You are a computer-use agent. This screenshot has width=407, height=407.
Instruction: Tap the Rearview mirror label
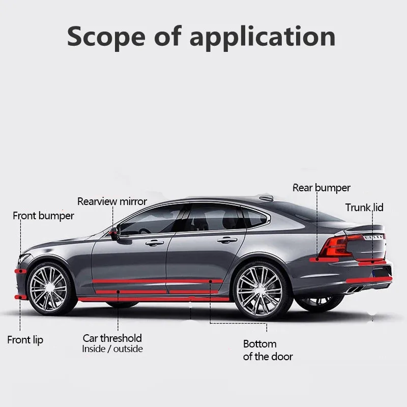(x=112, y=201)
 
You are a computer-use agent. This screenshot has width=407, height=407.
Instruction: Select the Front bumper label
(x=43, y=216)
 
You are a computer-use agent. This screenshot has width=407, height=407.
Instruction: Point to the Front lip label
(x=25, y=340)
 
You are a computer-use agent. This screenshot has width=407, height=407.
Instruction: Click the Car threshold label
(x=112, y=338)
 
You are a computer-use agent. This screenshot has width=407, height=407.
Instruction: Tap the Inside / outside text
(x=112, y=349)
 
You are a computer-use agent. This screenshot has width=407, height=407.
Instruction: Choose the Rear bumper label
(x=322, y=188)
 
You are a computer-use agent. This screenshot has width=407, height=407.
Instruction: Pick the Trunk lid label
(x=364, y=208)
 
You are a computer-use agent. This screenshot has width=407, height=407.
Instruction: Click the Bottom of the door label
(x=268, y=350)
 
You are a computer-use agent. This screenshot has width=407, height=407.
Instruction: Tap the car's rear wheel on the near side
(x=259, y=290)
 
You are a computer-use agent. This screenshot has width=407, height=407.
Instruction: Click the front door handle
(x=153, y=243)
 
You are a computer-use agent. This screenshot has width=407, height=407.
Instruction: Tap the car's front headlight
(x=24, y=259)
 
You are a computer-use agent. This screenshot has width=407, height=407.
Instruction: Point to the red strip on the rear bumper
(x=369, y=280)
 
